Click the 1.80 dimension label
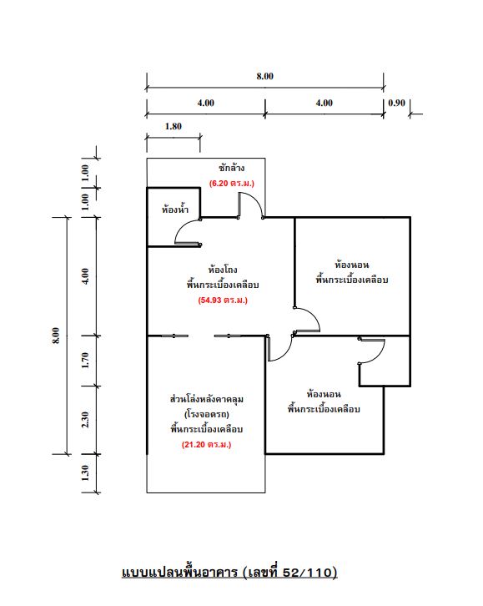[174, 126]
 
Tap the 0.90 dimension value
[396, 104]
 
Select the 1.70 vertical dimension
[85, 361]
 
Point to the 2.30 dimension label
[85, 420]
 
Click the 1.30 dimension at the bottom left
[85, 473]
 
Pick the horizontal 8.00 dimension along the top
[265, 76]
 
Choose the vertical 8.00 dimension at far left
[56, 335]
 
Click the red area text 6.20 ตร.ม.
[232, 184]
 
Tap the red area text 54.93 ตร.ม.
[223, 300]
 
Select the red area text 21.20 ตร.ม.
[207, 445]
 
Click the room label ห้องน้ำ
[175, 209]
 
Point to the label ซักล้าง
[232, 168]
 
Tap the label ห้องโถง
[223, 270]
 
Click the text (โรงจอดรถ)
[207, 414]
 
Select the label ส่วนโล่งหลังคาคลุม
[207, 399]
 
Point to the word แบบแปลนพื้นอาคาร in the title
[180, 572]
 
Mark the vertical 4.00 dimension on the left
[85, 276]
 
